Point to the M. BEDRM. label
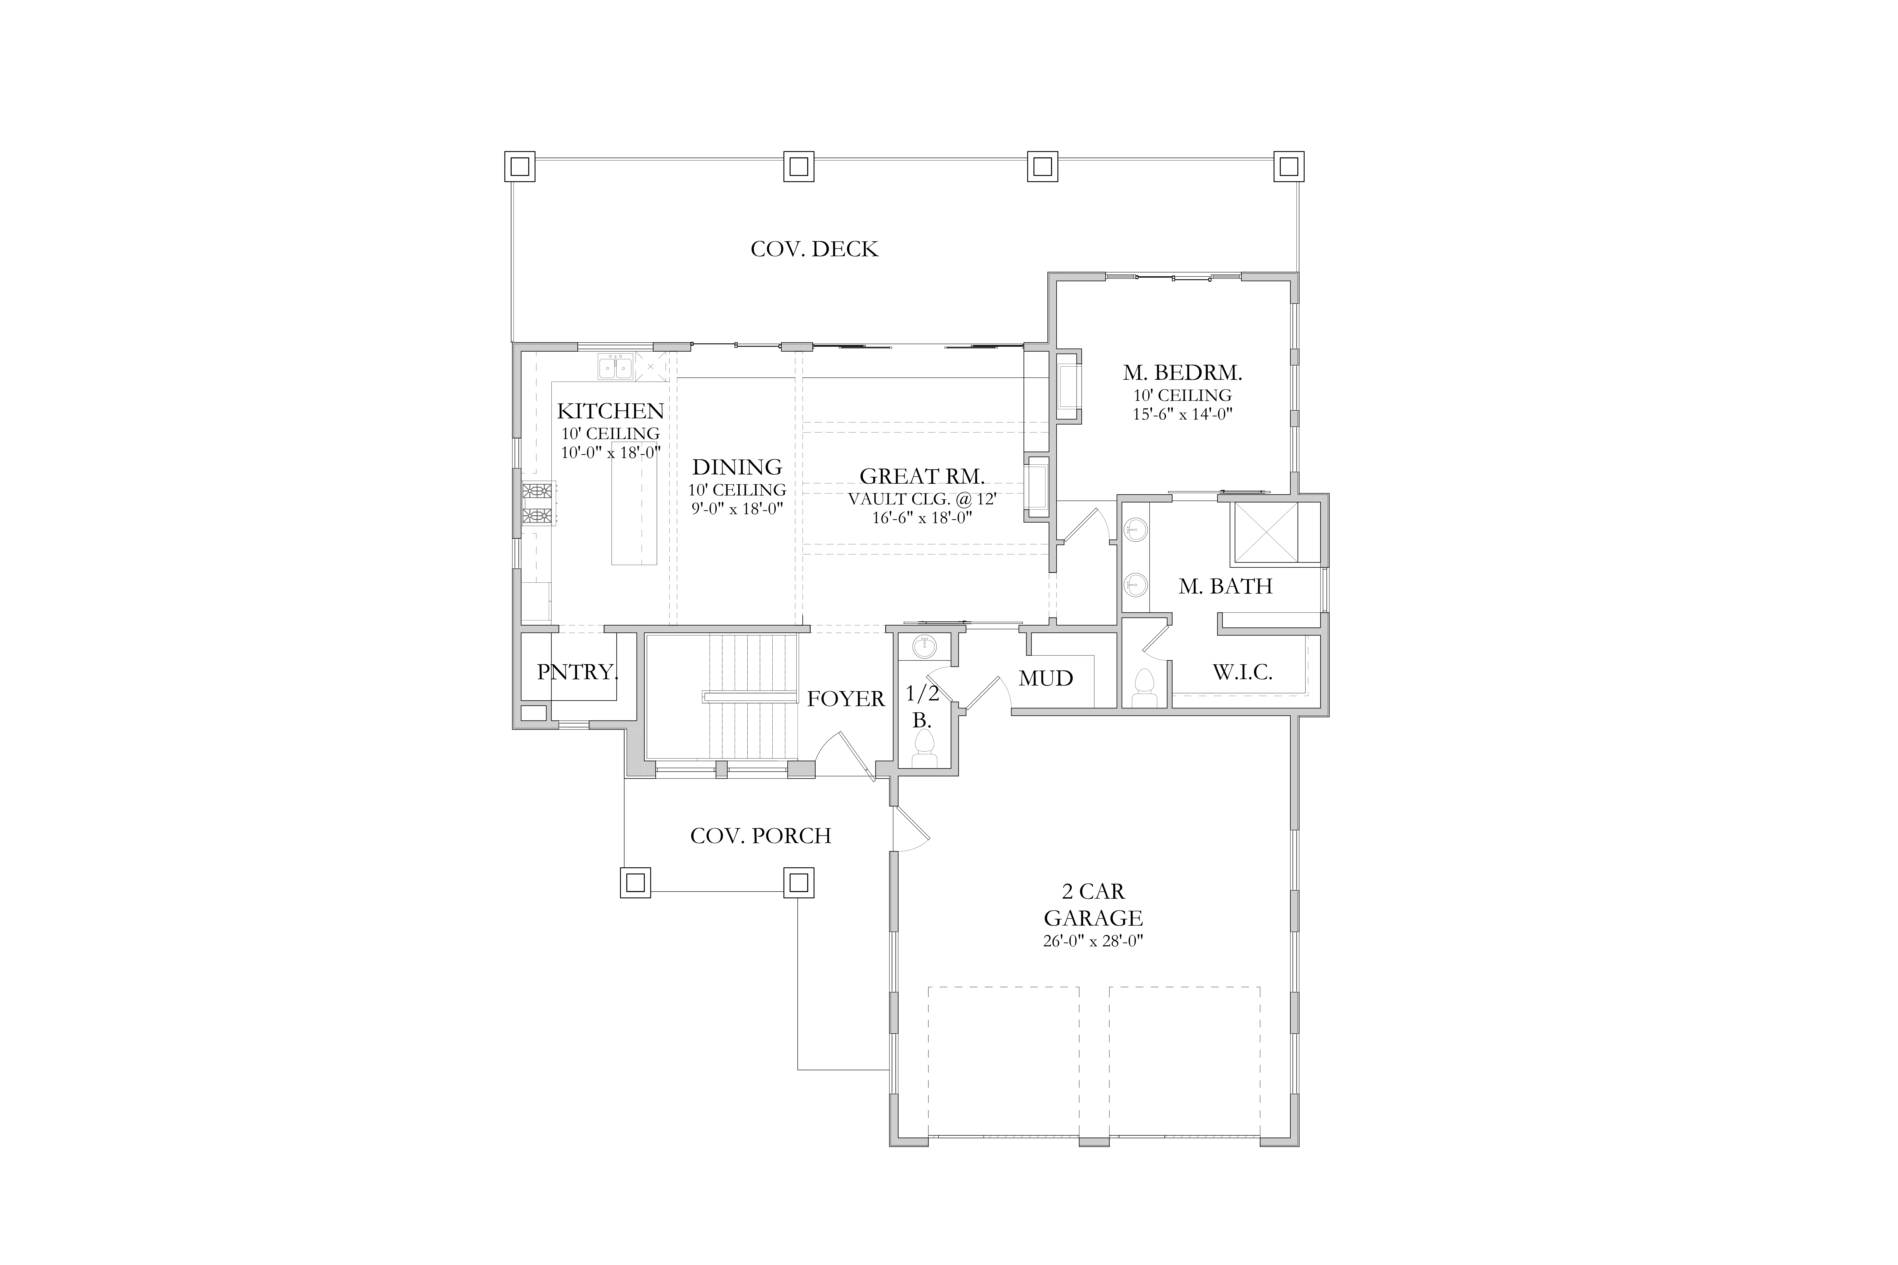click(1182, 373)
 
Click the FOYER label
click(846, 699)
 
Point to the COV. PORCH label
click(761, 836)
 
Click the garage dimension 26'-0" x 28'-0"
click(1093, 941)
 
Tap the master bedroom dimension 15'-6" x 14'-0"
click(1182, 414)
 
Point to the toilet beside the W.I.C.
click(1144, 687)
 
